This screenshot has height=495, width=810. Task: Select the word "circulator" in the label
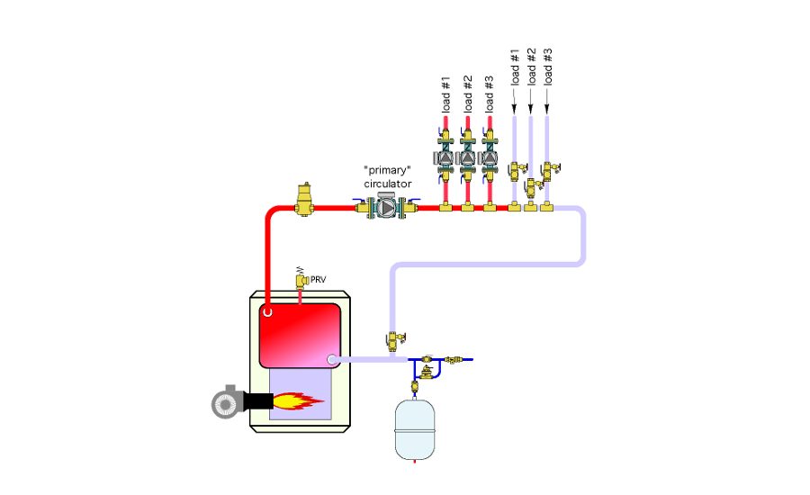388,184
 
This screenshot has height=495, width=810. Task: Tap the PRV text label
318,280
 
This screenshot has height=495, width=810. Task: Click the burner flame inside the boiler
298,400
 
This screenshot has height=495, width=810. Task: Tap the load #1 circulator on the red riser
445,158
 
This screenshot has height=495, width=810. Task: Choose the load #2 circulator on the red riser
467,158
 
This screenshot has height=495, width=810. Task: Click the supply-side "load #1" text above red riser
445,94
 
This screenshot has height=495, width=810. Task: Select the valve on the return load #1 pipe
515,169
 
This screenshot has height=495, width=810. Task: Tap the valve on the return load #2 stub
531,187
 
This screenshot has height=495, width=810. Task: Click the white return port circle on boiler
332,360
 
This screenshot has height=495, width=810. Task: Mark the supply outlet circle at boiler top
267,312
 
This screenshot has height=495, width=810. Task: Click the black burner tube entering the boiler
259,401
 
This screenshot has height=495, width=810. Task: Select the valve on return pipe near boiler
393,341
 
